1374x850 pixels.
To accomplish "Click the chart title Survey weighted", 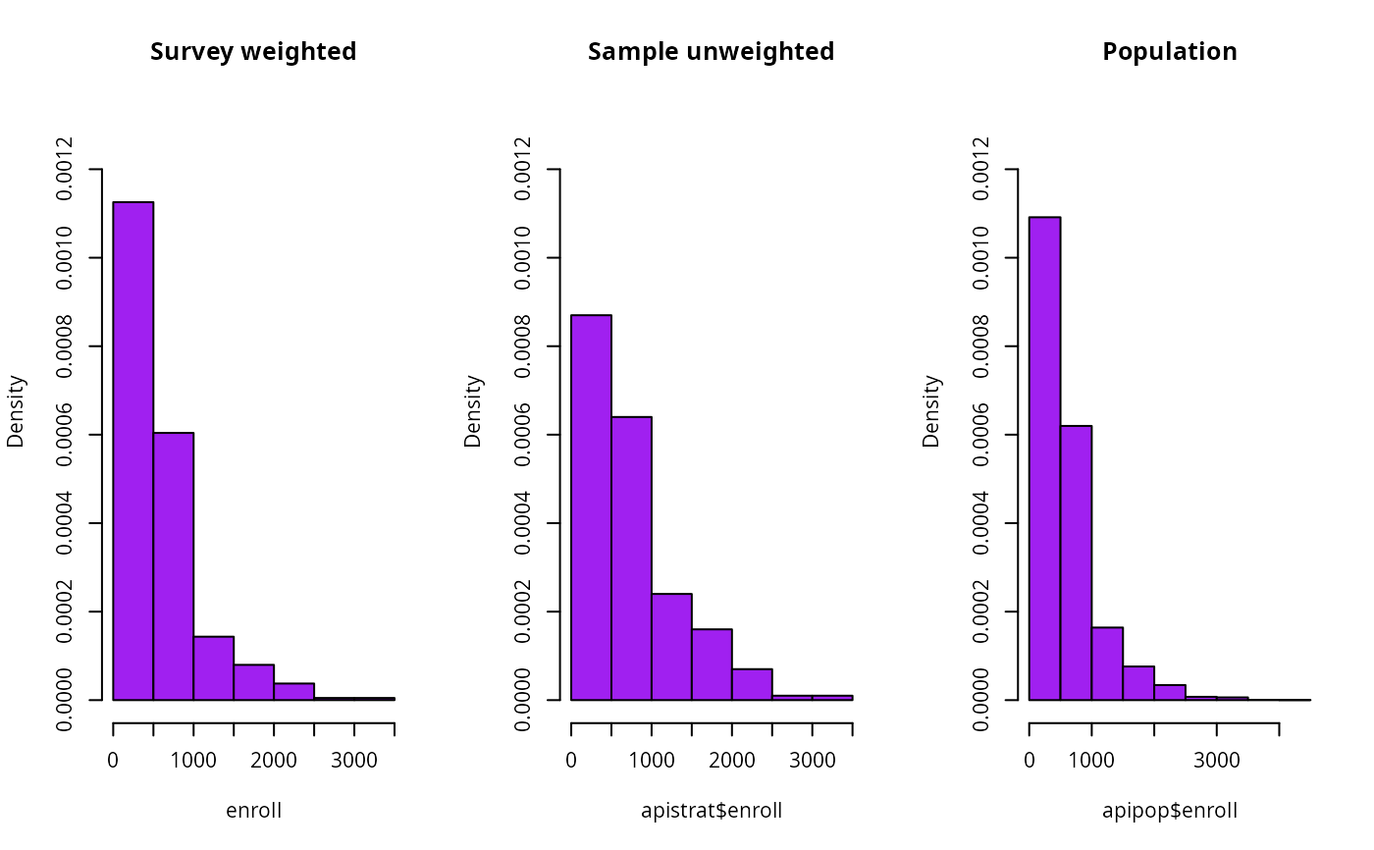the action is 253,52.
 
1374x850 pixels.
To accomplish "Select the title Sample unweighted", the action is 711,52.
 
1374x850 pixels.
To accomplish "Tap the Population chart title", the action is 1170,51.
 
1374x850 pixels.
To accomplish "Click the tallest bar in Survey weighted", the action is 133,451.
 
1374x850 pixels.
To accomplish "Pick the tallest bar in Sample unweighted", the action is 591,507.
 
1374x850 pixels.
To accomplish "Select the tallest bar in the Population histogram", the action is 1044,458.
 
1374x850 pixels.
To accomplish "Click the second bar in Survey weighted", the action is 174,566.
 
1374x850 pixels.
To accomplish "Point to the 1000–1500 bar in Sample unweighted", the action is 671,647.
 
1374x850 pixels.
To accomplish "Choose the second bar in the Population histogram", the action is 1076,562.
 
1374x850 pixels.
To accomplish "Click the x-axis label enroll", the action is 253,811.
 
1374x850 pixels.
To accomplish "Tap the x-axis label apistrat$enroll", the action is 712,811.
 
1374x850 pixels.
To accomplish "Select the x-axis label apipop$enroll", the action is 1170,811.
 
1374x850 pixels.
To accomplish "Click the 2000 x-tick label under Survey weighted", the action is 274,761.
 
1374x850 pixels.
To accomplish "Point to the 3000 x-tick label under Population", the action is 1217,761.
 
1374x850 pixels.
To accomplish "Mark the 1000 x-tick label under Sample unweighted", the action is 652,761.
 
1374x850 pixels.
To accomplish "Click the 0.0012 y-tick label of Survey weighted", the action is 64,169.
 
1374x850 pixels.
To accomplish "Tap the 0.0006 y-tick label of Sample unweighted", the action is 522,435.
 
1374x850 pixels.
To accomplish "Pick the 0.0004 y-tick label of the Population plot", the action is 980,523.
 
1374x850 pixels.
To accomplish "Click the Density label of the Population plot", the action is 931,411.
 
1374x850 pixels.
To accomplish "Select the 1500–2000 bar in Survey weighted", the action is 254,682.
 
